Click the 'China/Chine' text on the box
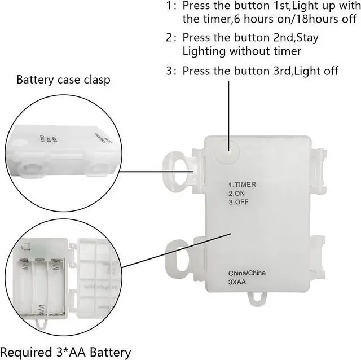click(x=247, y=273)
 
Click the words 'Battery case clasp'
click(x=63, y=80)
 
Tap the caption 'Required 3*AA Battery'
click(x=65, y=353)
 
